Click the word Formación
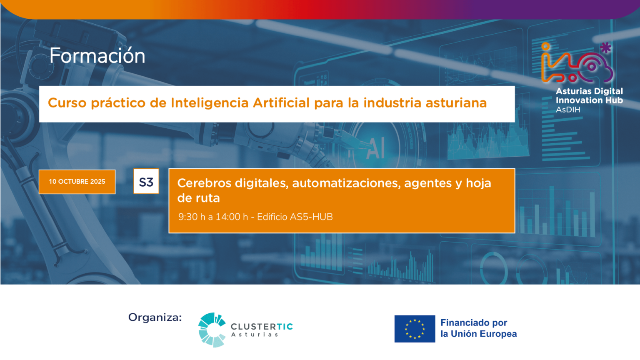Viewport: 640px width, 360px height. coord(97,55)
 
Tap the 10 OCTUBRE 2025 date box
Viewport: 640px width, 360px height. coord(77,182)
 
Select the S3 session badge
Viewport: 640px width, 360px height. coord(146,181)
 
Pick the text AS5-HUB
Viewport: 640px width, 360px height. coord(311,217)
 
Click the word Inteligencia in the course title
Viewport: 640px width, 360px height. coord(210,103)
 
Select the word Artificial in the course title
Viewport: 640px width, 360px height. coord(281,102)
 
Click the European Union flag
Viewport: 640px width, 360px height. coord(415,329)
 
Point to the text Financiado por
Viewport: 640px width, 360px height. coord(474,323)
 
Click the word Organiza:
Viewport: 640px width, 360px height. coord(155,317)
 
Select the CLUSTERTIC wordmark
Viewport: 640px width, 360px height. coord(262,327)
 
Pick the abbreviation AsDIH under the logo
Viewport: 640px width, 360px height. coord(568,110)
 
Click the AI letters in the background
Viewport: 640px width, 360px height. coord(375,148)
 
